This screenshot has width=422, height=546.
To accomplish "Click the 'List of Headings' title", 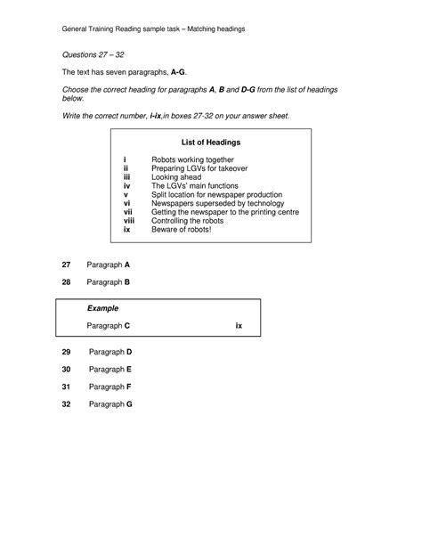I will tap(210, 143).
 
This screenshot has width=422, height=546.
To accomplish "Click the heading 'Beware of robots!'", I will tap(182, 230).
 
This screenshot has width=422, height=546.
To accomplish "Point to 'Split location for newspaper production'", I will tap(216, 194).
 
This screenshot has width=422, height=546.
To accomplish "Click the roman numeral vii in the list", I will tap(127, 212).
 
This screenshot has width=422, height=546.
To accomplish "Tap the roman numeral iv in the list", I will tap(126, 186).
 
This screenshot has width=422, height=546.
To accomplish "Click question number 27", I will tap(66, 265).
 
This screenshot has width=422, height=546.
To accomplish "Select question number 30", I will tap(66, 369).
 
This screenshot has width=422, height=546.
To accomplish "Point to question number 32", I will tap(66, 403).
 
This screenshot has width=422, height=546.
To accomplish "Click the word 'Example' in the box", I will tap(102, 308).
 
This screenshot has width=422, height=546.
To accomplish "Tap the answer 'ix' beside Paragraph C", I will tap(239, 326).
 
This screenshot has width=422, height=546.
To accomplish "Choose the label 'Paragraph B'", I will tap(109, 282).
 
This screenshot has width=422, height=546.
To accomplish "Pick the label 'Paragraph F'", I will tap(110, 387).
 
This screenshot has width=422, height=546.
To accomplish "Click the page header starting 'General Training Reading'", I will tap(153, 29).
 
